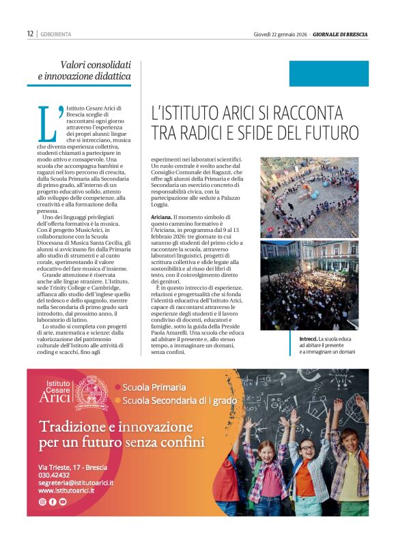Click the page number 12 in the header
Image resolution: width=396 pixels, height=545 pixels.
point(30,33)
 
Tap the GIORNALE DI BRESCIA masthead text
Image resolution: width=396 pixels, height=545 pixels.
point(341,33)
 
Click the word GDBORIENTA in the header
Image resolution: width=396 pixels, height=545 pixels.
point(56,33)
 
